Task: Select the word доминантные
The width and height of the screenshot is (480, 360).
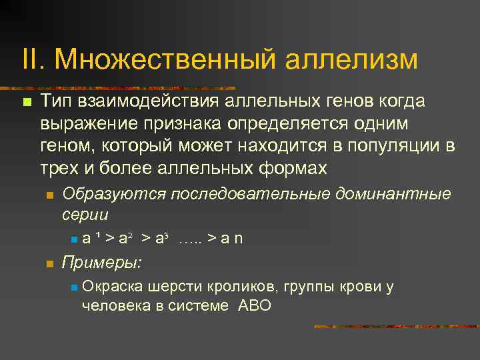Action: coord(391,194)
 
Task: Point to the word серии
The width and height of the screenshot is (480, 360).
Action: coord(85,215)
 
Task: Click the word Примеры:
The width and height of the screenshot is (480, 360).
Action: coord(101,263)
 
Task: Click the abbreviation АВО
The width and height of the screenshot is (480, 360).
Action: coord(255,306)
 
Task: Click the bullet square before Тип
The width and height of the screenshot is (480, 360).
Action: coord(26,102)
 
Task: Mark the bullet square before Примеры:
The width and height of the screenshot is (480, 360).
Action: coord(49,264)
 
